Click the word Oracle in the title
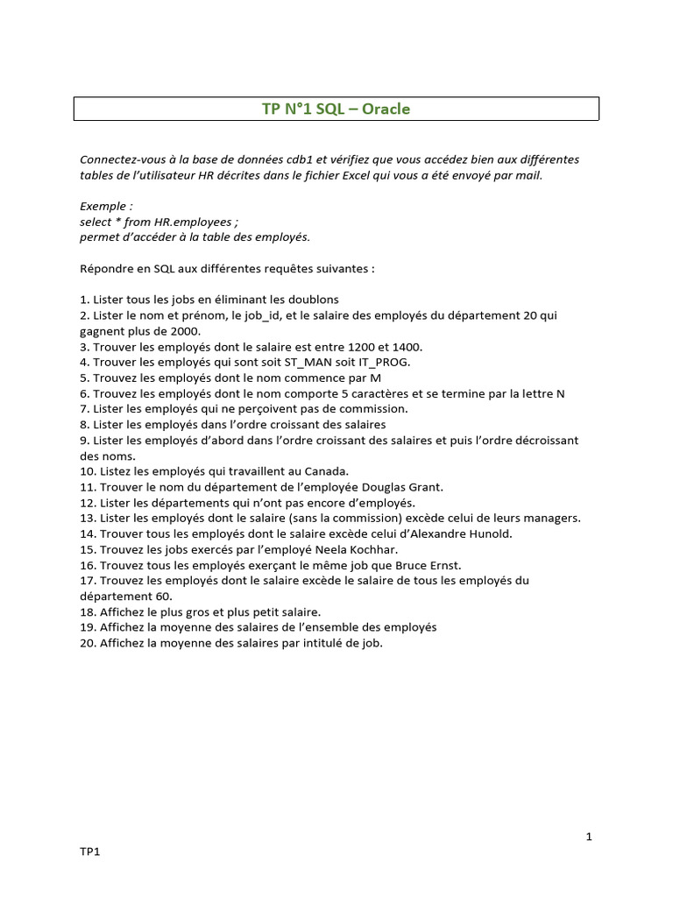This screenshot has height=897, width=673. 386,109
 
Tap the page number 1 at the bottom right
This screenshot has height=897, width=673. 590,837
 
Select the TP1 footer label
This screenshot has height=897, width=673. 89,851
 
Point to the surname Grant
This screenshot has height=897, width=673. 425,486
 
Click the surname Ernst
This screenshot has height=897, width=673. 443,565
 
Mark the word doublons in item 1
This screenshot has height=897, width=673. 310,299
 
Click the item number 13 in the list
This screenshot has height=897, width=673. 87,518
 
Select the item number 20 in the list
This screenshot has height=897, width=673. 87,643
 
